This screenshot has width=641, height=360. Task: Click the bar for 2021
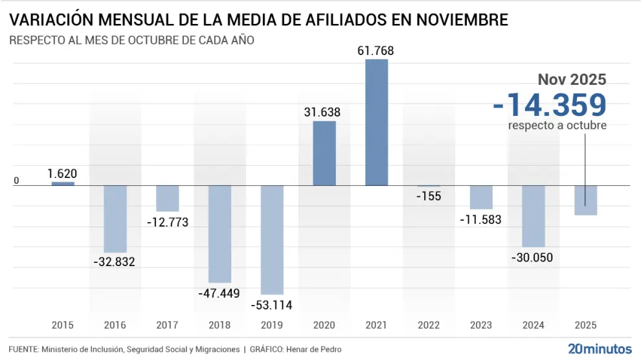pyautogui.click(x=377, y=122)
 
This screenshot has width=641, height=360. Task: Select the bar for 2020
pyautogui.click(x=324, y=153)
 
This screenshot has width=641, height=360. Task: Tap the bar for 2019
pyautogui.click(x=272, y=240)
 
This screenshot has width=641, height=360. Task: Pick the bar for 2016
pyautogui.click(x=115, y=219)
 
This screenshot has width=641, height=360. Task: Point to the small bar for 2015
pyautogui.click(x=63, y=184)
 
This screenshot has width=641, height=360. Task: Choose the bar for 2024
pyautogui.click(x=534, y=216)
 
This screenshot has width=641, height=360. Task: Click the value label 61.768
pyautogui.click(x=376, y=51)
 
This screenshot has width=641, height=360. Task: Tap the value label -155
pyautogui.click(x=429, y=196)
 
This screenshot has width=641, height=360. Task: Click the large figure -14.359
pyautogui.click(x=549, y=105)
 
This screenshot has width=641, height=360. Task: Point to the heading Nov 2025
pyautogui.click(x=572, y=80)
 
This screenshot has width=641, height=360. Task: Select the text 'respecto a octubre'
pyautogui.click(x=557, y=126)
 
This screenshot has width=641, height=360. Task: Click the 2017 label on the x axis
pyautogui.click(x=168, y=325)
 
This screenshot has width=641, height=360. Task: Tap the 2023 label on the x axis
pyautogui.click(x=481, y=325)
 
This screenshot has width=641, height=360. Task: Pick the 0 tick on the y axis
pyautogui.click(x=17, y=181)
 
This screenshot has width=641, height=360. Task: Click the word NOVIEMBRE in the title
pyautogui.click(x=451, y=19)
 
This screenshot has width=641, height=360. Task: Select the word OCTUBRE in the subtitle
pyautogui.click(x=152, y=40)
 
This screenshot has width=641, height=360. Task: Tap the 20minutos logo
pyautogui.click(x=600, y=349)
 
